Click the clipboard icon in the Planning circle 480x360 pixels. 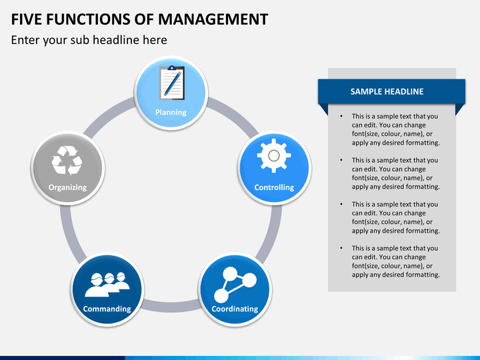(172, 83)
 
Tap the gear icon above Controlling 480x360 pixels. (274, 156)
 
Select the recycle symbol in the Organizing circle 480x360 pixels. (67, 160)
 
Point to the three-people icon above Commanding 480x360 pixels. (107, 285)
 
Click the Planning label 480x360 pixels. (171, 113)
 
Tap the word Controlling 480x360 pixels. (274, 187)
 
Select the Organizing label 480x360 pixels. (67, 187)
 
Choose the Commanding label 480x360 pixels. (107, 309)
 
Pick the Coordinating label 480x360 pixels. (235, 309)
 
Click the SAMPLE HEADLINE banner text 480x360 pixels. (387, 91)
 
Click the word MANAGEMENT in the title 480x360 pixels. (213, 19)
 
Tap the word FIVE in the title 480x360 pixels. (27, 19)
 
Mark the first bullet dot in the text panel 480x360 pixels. (341, 116)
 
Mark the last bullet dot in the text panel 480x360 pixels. (341, 248)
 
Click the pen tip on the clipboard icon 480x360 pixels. (165, 94)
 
